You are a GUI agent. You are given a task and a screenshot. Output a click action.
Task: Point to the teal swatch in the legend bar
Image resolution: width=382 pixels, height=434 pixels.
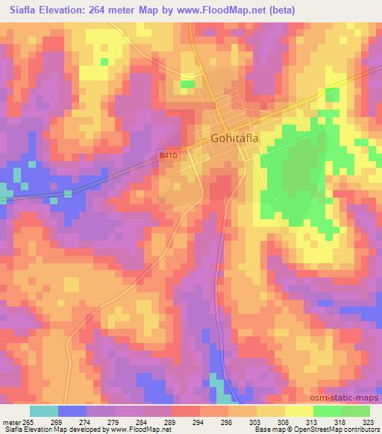(44, 411)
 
